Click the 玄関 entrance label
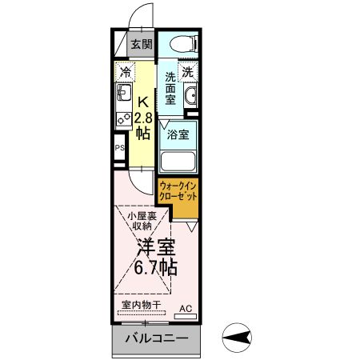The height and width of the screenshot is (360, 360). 141,44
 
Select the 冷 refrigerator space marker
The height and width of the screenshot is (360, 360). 125,72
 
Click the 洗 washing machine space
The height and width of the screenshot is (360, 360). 188,71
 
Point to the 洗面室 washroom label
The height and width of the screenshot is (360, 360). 170,90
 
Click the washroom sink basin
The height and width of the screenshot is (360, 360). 191,98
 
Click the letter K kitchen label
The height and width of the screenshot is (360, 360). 142,102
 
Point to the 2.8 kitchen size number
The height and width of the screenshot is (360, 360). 142,118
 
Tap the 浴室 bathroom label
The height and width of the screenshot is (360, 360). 178,135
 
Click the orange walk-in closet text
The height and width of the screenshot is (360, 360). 178,191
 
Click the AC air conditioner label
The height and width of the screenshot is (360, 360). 186,307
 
